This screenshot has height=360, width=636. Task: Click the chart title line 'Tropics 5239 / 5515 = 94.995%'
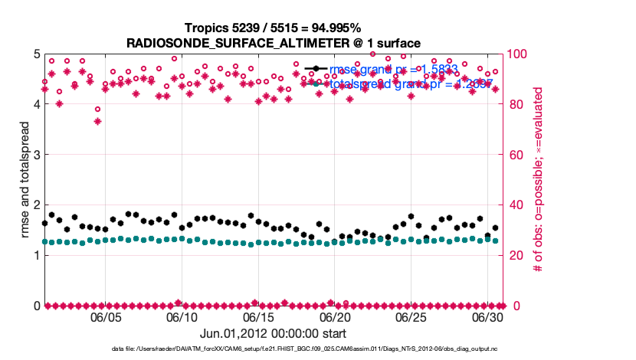click(273, 28)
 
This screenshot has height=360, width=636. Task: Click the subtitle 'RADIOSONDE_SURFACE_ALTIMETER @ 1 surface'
click(273, 43)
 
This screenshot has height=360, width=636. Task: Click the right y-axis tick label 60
click(514, 155)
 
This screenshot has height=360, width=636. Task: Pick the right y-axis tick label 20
click(514, 256)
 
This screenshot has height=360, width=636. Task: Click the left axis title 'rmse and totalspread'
click(24, 180)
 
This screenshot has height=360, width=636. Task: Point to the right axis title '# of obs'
click(539, 180)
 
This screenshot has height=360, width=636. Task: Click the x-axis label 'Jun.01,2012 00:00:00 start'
click(273, 334)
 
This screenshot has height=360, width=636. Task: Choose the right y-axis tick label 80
click(514, 105)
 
